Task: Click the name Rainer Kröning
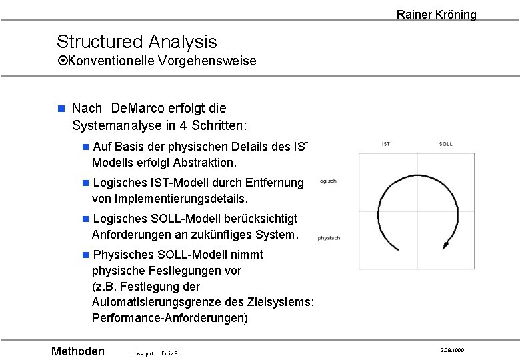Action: point(436,15)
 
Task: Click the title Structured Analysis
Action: point(137,41)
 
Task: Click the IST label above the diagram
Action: point(386,144)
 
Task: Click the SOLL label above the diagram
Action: point(446,144)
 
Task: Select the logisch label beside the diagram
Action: point(328,181)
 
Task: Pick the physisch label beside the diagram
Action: point(329,238)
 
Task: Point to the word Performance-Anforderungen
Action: point(169,318)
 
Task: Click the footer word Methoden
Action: point(78,351)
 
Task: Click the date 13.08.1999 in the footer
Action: point(451,350)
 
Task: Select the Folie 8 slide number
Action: point(170,353)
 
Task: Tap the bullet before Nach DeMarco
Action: point(61,108)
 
